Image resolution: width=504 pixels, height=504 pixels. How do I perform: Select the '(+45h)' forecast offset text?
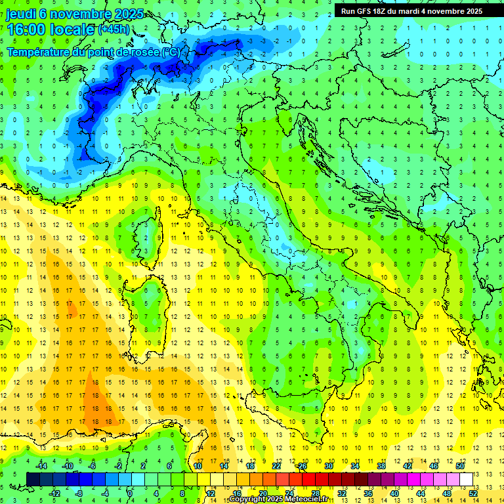pyautogui.click(x=114, y=30)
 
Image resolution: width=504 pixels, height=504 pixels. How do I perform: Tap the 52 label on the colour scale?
pyautogui.click(x=472, y=493)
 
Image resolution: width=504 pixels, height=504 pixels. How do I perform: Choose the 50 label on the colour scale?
pyautogui.click(x=459, y=466)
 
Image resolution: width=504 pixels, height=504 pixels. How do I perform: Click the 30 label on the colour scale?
pyautogui.click(x=328, y=466)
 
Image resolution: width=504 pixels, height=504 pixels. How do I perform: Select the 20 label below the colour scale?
pyautogui.click(x=262, y=493)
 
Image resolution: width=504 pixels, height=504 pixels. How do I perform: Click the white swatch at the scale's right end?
pyautogui.click(x=466, y=479)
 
